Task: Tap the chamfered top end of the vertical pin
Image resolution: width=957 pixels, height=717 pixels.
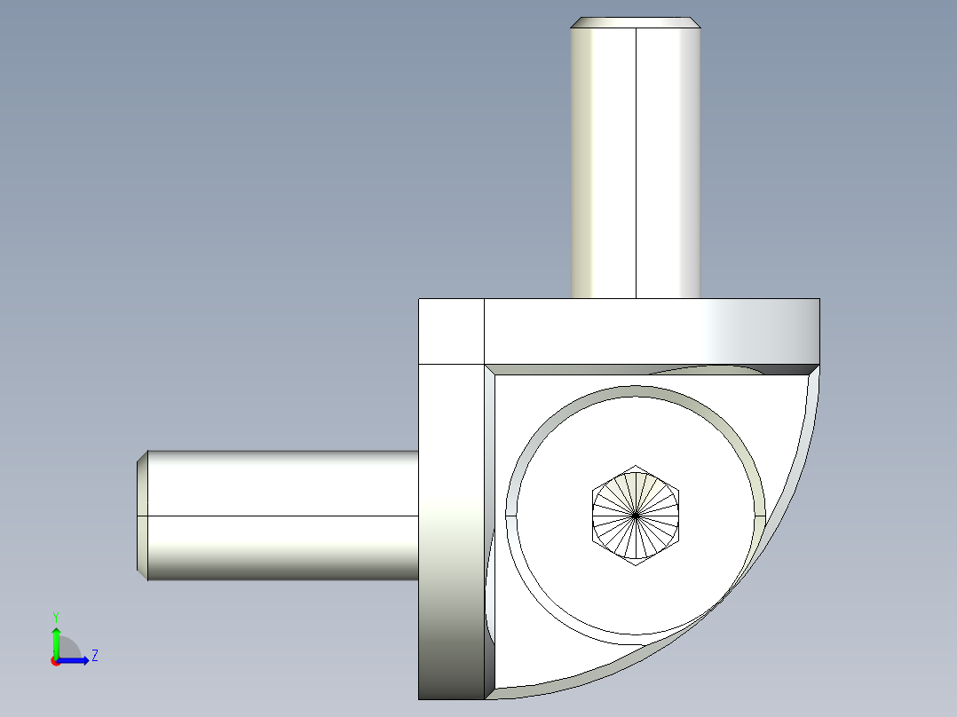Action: (635, 22)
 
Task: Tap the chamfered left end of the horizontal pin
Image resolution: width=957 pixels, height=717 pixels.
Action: (142, 515)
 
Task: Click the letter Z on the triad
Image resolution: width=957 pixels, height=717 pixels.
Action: (94, 656)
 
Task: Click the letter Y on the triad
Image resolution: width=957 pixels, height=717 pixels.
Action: (56, 616)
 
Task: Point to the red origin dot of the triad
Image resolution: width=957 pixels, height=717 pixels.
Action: (55, 661)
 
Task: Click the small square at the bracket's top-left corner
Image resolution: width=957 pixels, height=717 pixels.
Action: (451, 331)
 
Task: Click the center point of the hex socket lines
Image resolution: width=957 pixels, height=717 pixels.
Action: (636, 515)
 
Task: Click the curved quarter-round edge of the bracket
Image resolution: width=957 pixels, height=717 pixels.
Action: (781, 532)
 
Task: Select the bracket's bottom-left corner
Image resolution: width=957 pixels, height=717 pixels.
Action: (421, 697)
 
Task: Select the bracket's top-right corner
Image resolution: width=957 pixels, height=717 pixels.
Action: (818, 300)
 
